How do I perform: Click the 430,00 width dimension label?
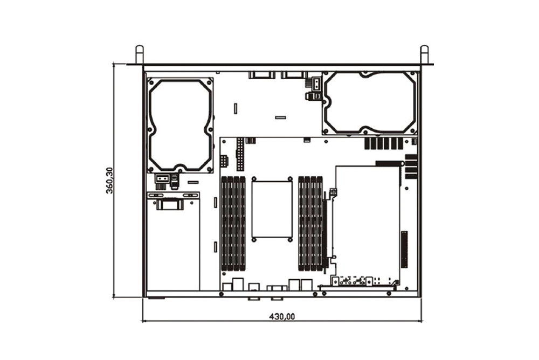coord(282,316)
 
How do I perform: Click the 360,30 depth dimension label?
coord(109,180)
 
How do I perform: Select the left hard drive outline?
coord(180,125)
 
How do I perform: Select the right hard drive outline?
coord(370,103)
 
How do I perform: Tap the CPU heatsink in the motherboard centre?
coord(272,210)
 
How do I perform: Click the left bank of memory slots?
coord(233,223)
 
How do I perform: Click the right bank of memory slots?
coord(310,223)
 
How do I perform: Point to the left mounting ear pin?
coord(139,54)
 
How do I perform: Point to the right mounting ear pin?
coord(425,54)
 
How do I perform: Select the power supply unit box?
coord(173,241)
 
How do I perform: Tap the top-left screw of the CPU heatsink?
coord(254,179)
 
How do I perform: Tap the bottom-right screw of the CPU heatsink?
coord(290,240)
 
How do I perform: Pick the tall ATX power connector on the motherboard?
coord(240,154)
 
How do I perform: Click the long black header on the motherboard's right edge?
coord(404,250)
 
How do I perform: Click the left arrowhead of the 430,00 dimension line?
coord(144,321)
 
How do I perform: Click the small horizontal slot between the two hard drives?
coord(280,117)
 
